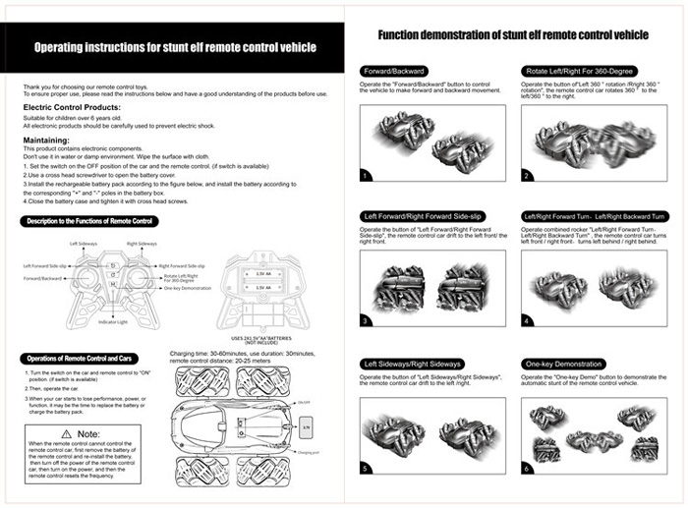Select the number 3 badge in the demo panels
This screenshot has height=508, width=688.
point(366,320)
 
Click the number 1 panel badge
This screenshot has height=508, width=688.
point(366,175)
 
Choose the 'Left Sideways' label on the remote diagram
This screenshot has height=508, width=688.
point(84,242)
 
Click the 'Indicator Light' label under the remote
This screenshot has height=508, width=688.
point(115,322)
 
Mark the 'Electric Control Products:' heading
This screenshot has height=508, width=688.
point(72,106)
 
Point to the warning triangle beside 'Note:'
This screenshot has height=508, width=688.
point(66,433)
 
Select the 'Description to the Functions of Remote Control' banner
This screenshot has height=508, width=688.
point(87,221)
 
